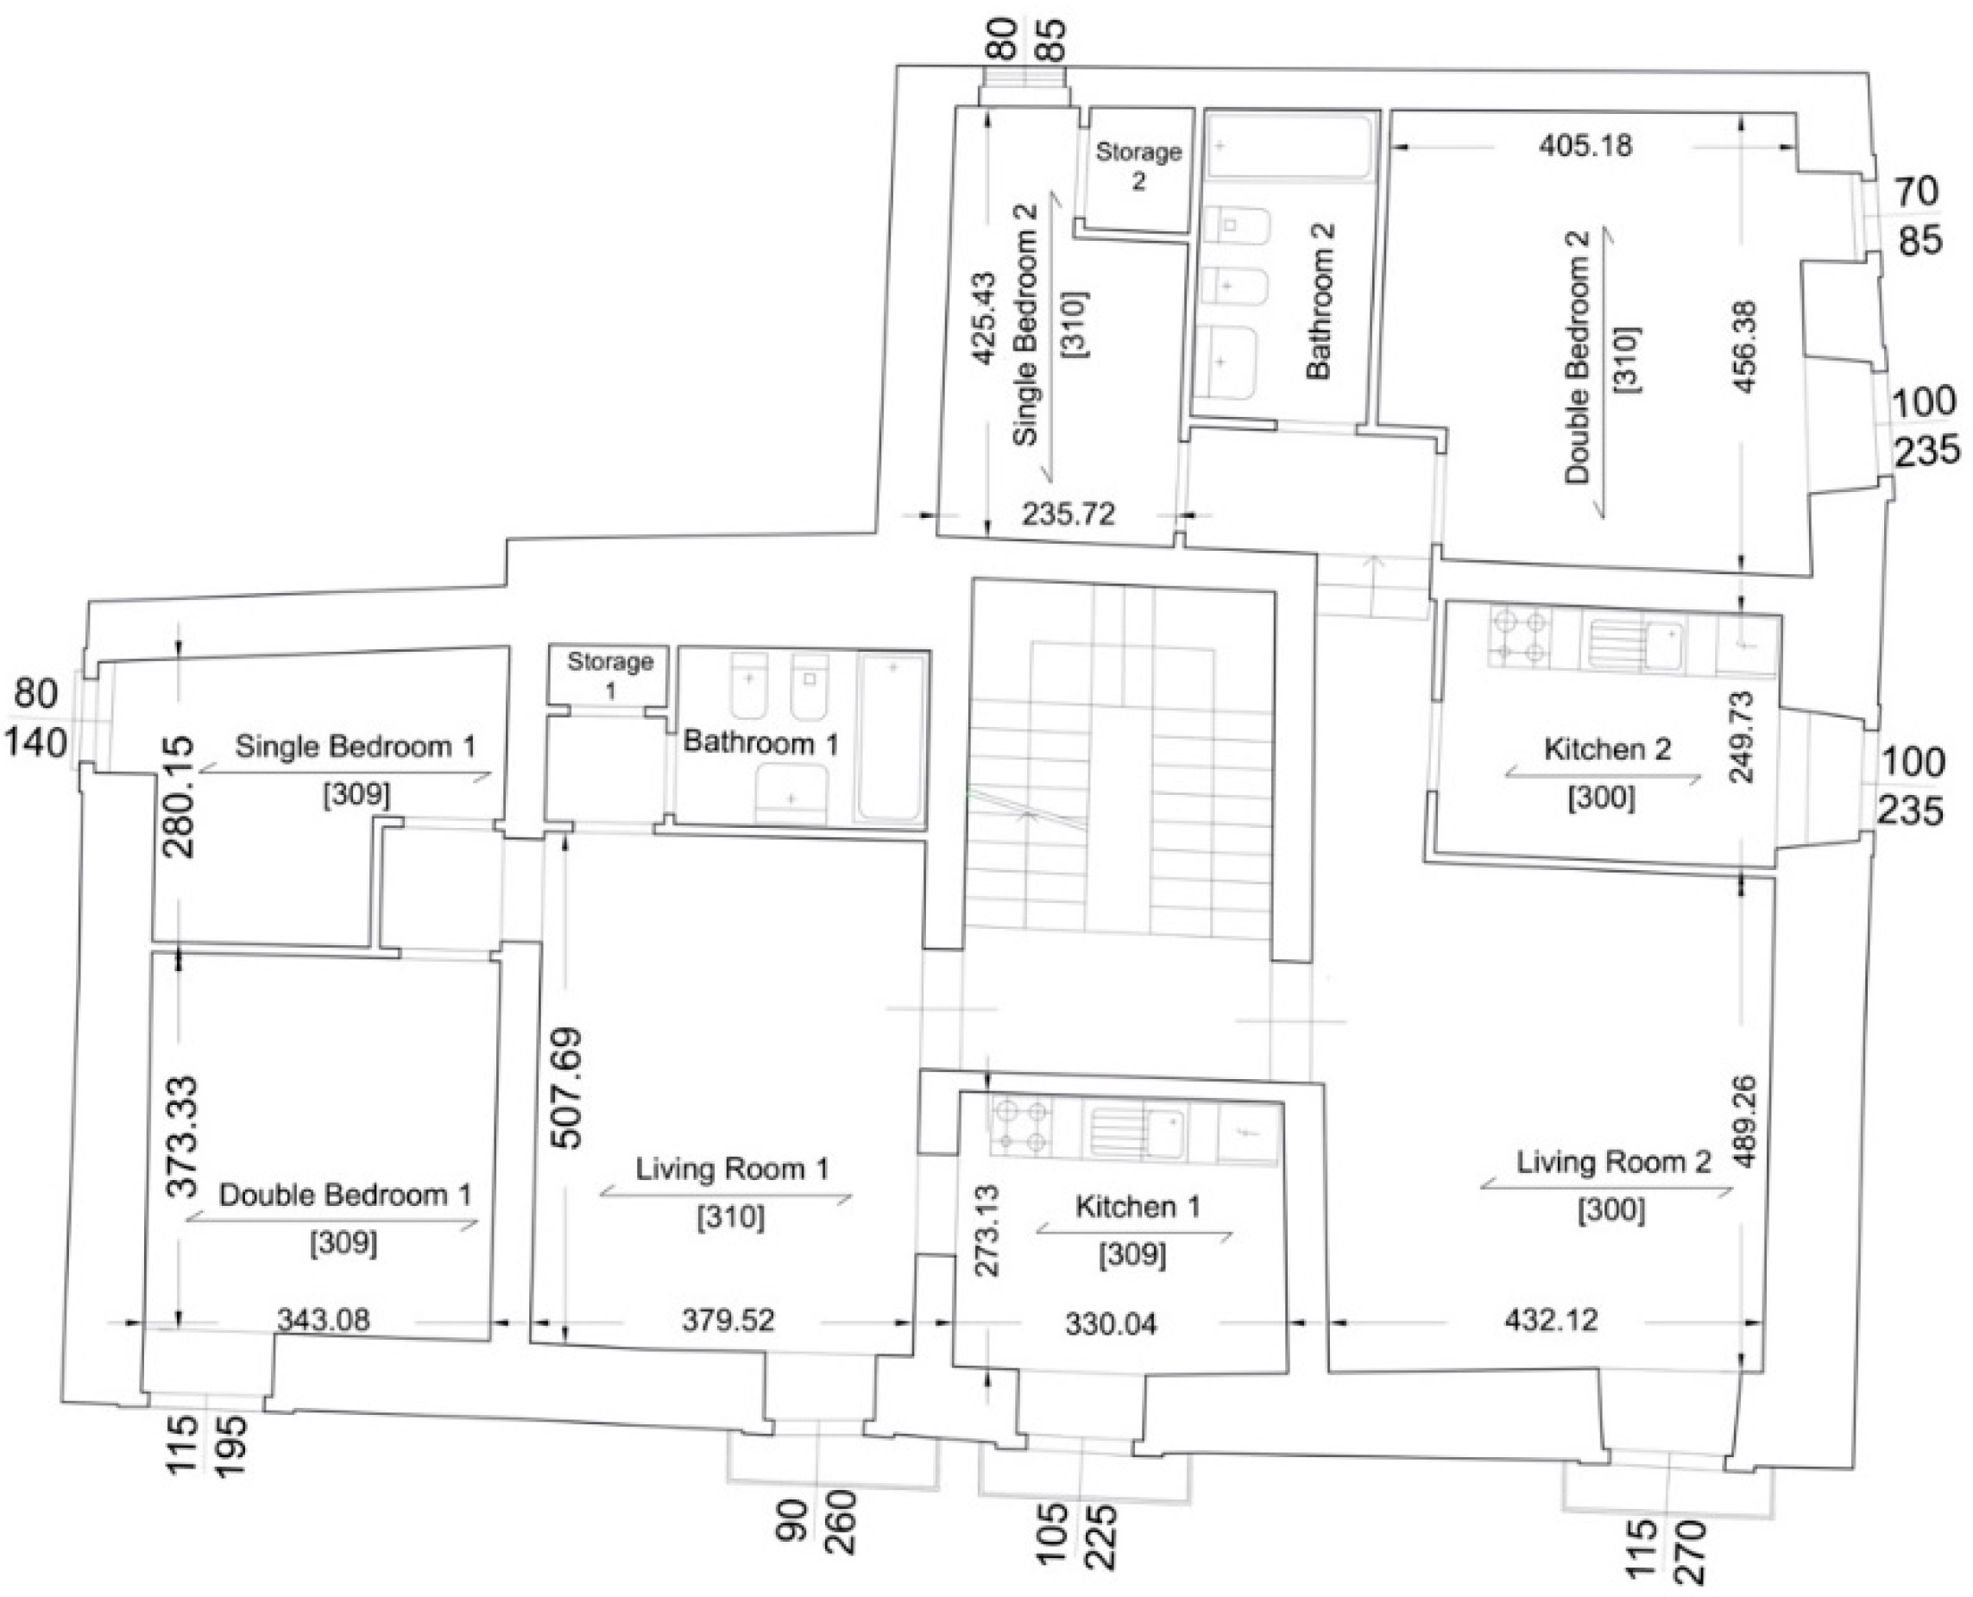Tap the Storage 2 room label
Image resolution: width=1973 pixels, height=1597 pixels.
click(1138, 166)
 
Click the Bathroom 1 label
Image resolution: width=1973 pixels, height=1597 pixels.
click(760, 742)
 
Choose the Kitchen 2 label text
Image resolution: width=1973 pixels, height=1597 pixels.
click(1607, 750)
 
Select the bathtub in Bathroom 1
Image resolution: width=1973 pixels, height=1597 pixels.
click(891, 737)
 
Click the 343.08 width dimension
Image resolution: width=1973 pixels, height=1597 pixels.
click(323, 1320)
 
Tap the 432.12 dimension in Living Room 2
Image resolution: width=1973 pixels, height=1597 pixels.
click(1551, 1321)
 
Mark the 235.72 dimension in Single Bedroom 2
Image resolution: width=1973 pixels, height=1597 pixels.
click(1068, 514)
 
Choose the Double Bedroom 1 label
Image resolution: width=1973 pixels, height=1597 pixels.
click(345, 1195)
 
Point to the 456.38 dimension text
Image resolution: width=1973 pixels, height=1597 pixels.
click(1744, 346)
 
